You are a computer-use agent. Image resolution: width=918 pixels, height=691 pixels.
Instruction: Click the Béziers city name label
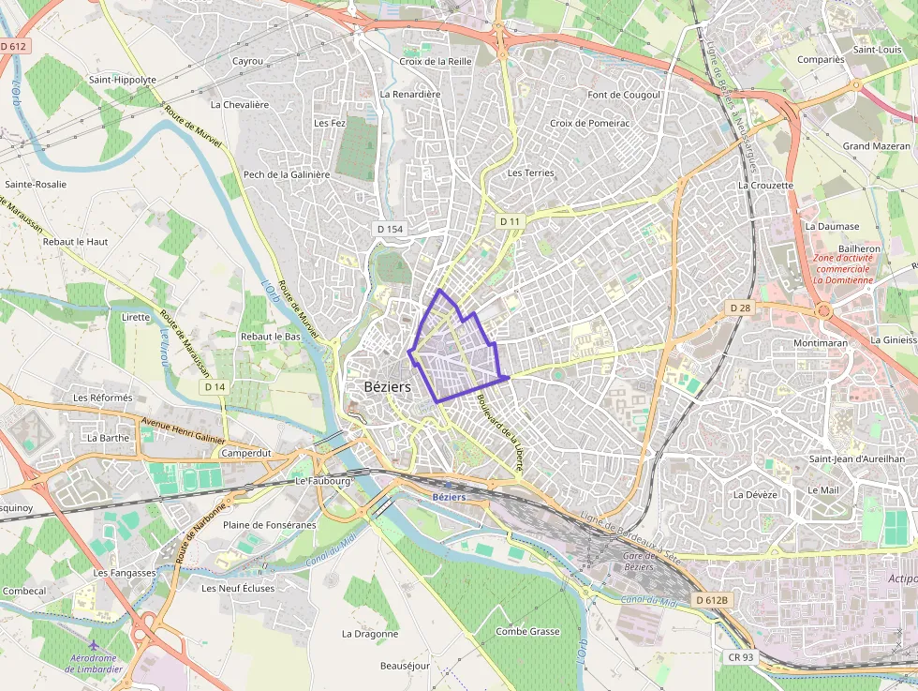pyautogui.click(x=387, y=386)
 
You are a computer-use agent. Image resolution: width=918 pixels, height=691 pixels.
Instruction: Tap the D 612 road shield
pyautogui.click(x=14, y=46)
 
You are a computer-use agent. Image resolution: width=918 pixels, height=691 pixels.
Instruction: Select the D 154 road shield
pyautogui.click(x=390, y=229)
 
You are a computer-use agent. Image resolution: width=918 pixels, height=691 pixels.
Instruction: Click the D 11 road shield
pyautogui.click(x=510, y=220)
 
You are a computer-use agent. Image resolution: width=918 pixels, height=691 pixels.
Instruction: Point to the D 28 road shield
pyautogui.click(x=740, y=308)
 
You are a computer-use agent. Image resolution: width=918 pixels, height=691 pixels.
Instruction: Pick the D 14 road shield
pyautogui.click(x=215, y=386)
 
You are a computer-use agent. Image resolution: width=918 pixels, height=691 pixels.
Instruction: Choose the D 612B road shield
pyautogui.click(x=712, y=599)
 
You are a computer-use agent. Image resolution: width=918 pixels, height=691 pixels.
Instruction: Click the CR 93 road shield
pyautogui.click(x=740, y=657)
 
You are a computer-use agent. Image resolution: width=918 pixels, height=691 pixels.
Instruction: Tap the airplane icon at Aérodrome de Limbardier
pyautogui.click(x=93, y=646)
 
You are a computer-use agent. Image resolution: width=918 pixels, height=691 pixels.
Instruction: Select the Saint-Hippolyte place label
pyautogui.click(x=123, y=80)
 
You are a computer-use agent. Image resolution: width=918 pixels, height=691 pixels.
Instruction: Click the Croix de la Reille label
pyautogui.click(x=435, y=61)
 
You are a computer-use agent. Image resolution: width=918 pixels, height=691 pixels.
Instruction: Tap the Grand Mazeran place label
pyautogui.click(x=876, y=146)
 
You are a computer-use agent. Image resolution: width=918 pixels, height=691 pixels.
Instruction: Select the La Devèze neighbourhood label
pyautogui.click(x=756, y=494)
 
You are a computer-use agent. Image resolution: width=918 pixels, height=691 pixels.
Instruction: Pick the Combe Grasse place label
pyautogui.click(x=527, y=632)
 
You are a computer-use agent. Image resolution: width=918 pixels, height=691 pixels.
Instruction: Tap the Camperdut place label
pyautogui.click(x=245, y=453)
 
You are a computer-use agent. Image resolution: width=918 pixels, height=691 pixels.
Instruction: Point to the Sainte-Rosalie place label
pyautogui.click(x=36, y=185)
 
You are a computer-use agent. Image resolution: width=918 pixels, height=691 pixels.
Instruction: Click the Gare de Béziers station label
pyautogui.click(x=638, y=562)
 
